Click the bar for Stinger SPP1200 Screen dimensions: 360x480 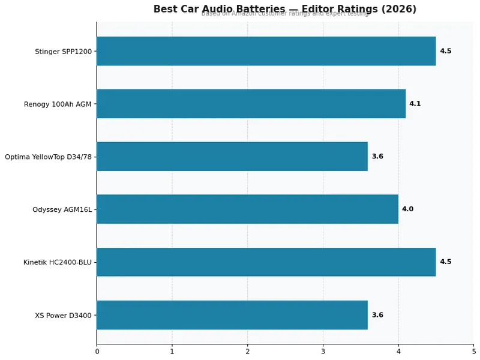click(266, 51)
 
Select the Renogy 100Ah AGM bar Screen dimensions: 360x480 click(251, 104)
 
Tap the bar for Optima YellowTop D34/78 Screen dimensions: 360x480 click(232, 157)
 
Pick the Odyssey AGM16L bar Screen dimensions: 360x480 click(247, 209)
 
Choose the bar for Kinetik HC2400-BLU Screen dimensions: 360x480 click(266, 262)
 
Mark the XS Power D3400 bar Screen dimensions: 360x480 click(232, 315)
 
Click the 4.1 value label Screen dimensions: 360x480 click(415, 104)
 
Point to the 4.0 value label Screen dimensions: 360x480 click(407, 209)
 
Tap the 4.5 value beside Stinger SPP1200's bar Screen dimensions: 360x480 click(445, 51)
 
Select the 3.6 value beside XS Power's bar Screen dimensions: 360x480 click(377, 315)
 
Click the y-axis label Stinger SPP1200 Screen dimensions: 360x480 click(63, 52)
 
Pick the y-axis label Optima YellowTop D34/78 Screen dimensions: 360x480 click(48, 157)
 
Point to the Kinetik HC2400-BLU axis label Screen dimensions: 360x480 click(57, 262)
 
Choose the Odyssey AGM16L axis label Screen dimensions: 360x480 click(62, 209)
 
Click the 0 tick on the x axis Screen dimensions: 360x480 click(97, 351)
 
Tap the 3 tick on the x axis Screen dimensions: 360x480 click(323, 351)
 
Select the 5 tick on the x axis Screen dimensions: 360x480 click(473, 351)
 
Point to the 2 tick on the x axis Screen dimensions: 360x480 click(247, 351)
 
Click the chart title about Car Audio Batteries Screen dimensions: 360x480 click(284, 9)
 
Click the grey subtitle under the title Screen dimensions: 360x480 click(284, 14)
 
